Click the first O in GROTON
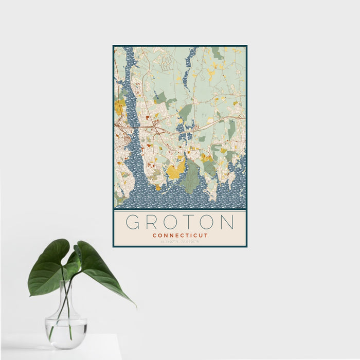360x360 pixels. point(171,222)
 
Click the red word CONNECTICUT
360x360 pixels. point(180,236)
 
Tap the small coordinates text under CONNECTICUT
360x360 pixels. point(180,242)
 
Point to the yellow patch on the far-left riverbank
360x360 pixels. point(119,107)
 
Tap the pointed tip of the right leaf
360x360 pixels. point(135,307)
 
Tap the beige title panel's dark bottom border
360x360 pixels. point(180,246)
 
